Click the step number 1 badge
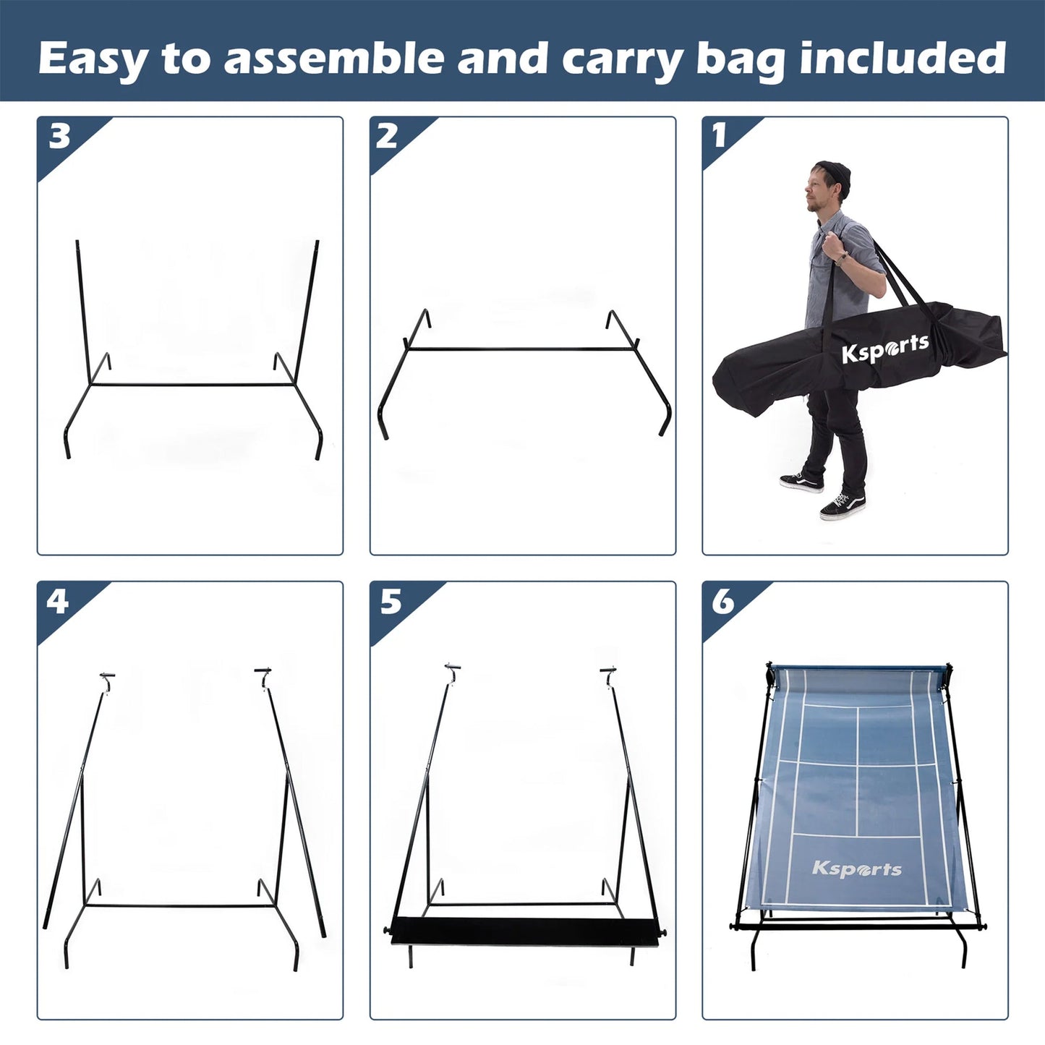[720, 135]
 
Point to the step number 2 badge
[387, 135]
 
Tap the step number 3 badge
[59, 135]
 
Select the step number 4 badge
[58, 600]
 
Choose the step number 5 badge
[391, 600]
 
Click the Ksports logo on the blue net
[857, 868]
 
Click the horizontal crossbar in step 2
[521, 349]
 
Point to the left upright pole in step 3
[82, 311]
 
